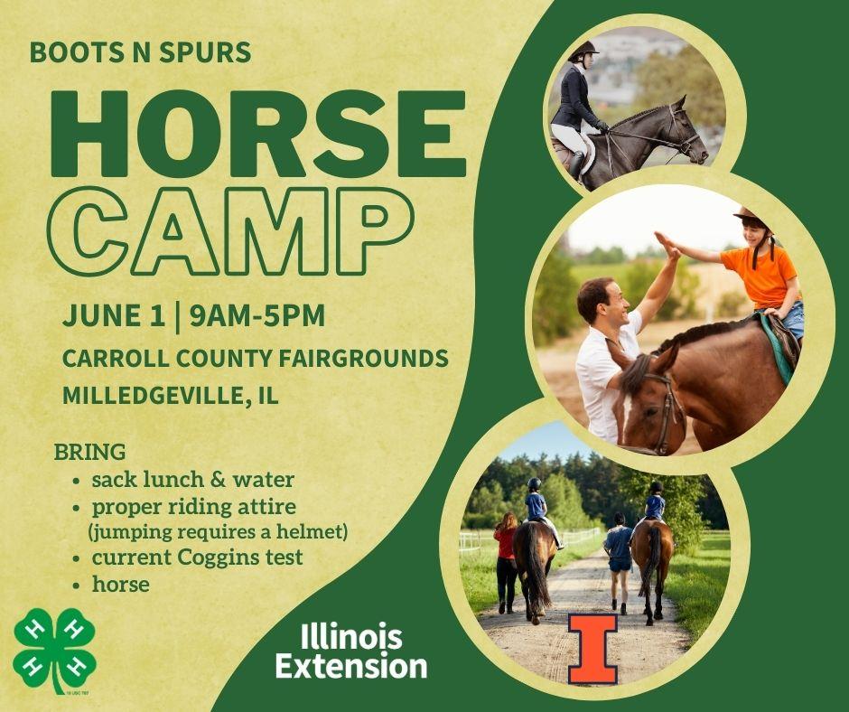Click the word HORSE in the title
(x=258, y=134)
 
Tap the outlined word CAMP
(x=230, y=231)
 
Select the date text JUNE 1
(x=114, y=315)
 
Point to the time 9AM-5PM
(x=257, y=315)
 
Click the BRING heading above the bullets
(x=90, y=452)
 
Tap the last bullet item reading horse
(x=121, y=584)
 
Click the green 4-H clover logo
(x=54, y=651)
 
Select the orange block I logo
(x=592, y=649)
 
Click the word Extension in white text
(x=351, y=666)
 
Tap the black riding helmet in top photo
(x=583, y=51)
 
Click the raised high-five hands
(x=668, y=247)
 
